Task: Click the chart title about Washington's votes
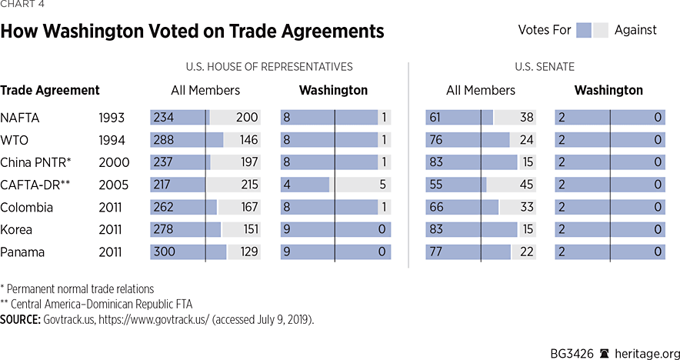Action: pos(192,32)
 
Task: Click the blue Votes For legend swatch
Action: pos(583,30)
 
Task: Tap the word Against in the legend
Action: pos(635,30)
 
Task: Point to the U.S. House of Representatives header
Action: pos(269,67)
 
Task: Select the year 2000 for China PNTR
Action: pos(114,162)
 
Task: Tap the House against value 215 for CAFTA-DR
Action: pos(248,185)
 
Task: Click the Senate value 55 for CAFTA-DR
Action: pos(436,185)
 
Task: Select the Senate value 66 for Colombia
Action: pos(436,207)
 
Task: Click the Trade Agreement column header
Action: pos(50,90)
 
